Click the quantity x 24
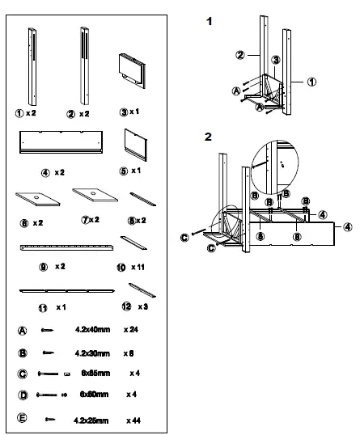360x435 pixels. [133, 329]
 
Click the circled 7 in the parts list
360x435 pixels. [88, 219]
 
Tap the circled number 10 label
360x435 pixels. [122, 264]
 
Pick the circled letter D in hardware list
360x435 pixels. [23, 395]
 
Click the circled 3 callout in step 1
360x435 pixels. [276, 60]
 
